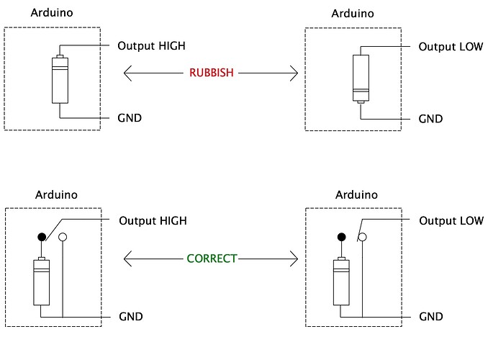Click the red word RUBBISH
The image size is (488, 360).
point(211,73)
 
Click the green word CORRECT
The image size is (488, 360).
point(211,258)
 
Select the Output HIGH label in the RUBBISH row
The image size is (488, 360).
point(151,46)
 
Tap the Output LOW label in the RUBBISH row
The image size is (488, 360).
point(451,46)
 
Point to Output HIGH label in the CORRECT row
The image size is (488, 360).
point(151,220)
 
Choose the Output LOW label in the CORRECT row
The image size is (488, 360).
point(451,220)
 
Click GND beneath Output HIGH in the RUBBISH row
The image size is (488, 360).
point(130,117)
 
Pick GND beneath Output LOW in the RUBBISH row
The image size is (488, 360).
point(430,118)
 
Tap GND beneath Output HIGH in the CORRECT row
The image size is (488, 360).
point(130,316)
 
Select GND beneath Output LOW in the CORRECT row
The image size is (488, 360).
point(430,316)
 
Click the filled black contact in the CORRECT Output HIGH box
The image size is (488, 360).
point(42,237)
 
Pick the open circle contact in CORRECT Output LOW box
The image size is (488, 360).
point(363,237)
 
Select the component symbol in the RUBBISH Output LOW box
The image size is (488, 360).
point(360,78)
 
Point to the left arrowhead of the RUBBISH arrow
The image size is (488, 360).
point(127,73)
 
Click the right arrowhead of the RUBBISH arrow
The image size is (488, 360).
point(294,73)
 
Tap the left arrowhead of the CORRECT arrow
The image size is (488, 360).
point(127,258)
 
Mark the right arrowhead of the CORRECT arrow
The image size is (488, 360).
point(294,258)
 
